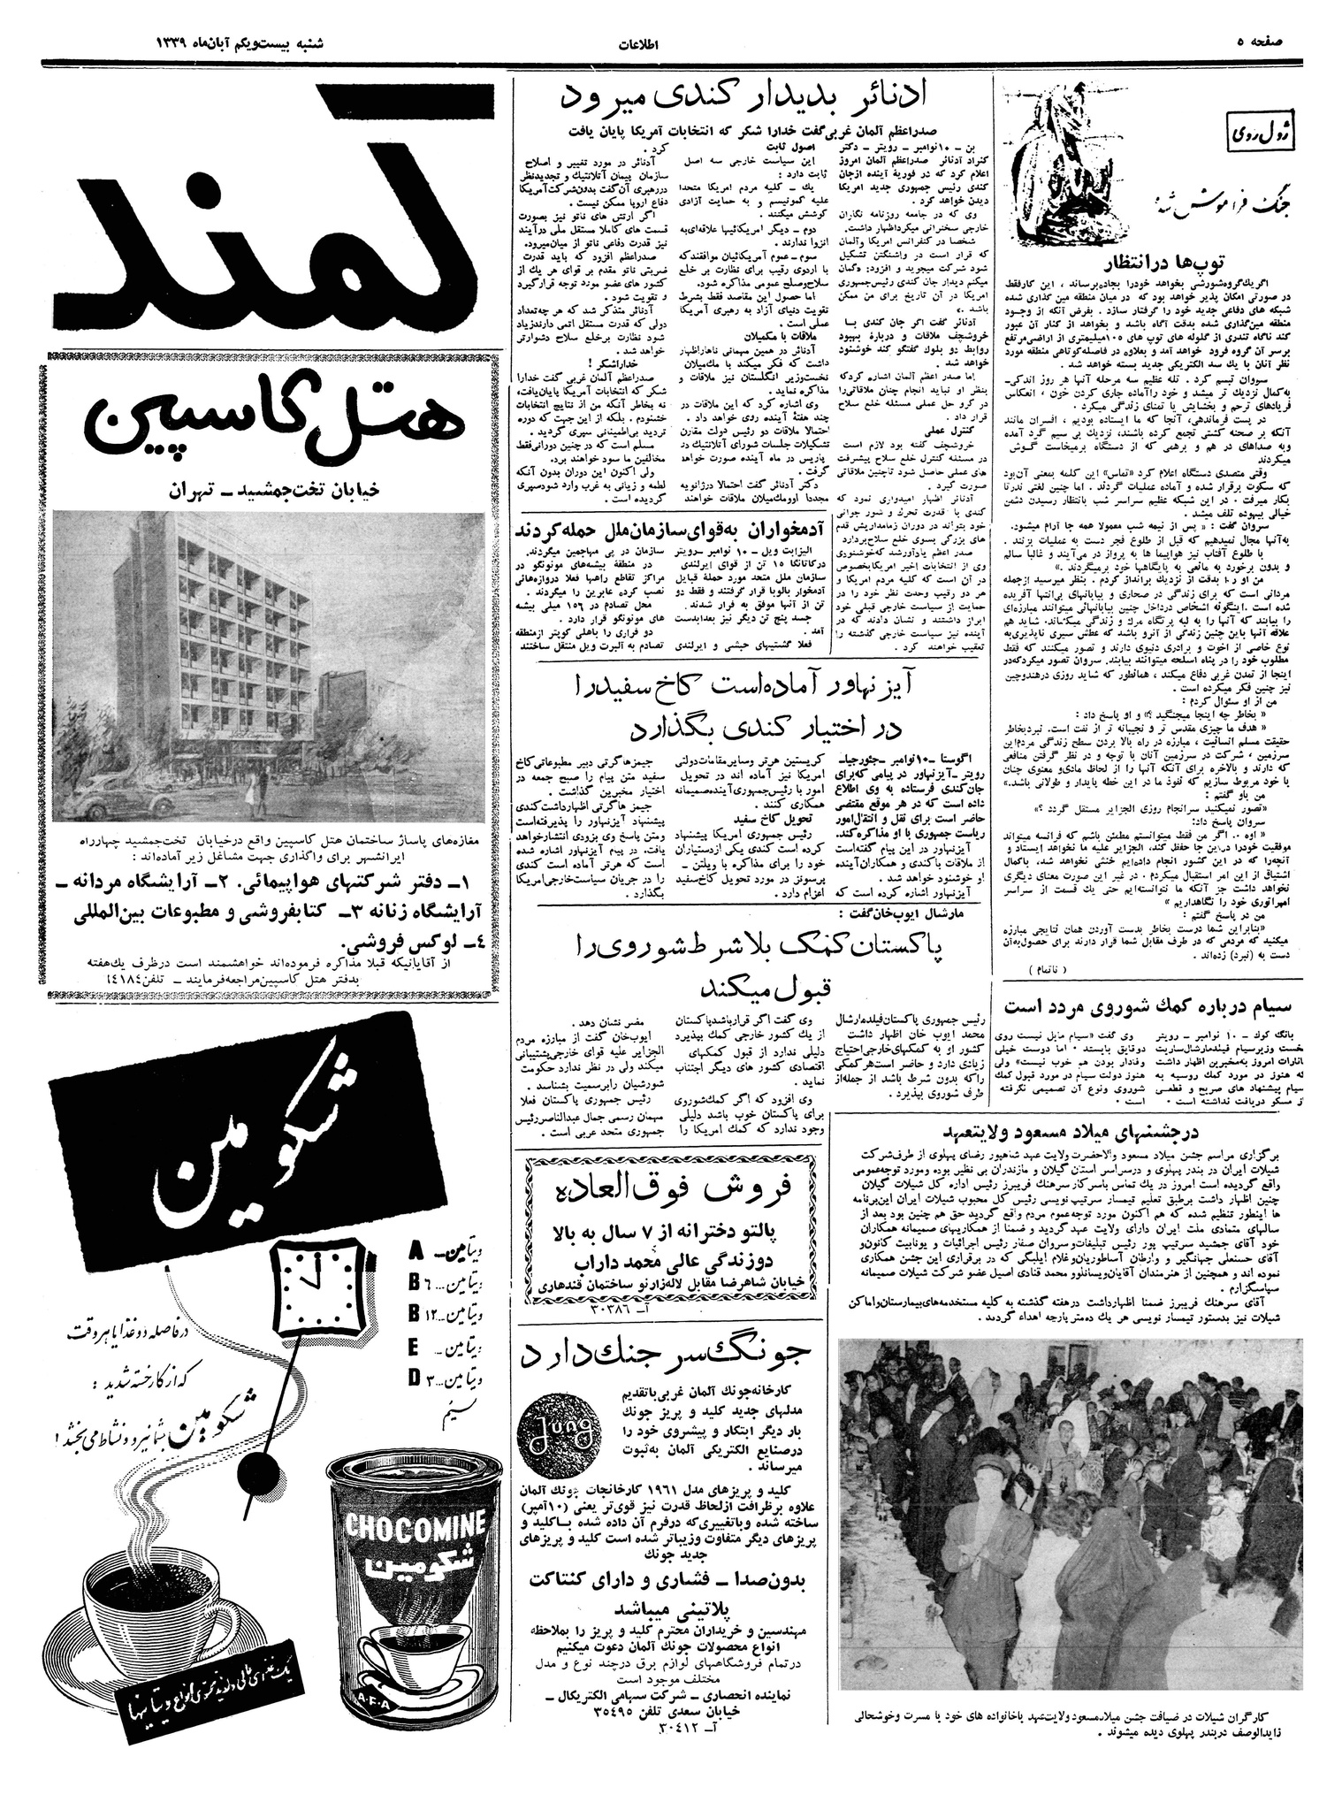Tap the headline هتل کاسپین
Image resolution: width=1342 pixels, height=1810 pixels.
tap(265, 424)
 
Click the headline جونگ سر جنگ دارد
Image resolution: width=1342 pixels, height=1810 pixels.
tap(667, 1355)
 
